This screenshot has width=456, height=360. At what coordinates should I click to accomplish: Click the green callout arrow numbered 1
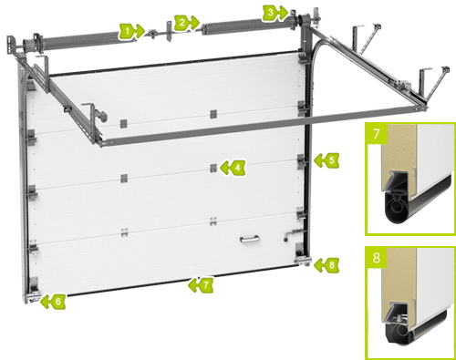131,31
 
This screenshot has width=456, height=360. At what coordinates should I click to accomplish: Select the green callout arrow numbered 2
186,23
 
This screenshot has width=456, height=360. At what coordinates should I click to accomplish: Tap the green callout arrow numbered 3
275,13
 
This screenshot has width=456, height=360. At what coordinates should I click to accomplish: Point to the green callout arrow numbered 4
233,168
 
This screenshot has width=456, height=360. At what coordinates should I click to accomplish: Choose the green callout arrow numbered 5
326,160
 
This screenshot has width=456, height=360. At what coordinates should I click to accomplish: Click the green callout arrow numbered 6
53,302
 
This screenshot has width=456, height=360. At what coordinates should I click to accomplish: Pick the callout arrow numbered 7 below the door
201,285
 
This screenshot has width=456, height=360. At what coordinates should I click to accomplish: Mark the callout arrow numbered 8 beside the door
326,264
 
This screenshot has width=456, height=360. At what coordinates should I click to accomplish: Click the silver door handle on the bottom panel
250,240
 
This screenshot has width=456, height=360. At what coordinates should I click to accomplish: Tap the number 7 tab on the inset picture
377,133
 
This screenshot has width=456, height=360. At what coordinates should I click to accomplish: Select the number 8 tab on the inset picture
377,258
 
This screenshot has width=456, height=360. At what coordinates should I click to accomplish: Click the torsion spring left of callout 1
78,42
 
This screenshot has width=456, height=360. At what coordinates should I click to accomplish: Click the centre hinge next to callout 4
213,168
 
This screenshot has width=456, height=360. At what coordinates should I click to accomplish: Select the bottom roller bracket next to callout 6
34,290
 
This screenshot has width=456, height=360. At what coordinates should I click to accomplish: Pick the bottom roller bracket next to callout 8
303,254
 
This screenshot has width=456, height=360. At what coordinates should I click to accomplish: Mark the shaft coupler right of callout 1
152,34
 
